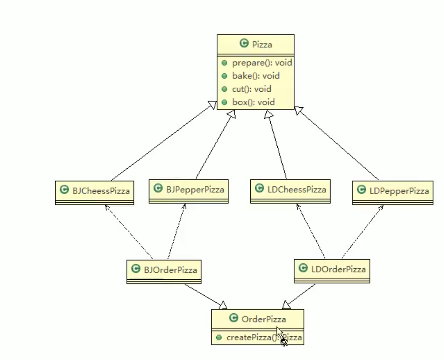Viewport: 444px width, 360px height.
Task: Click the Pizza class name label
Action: [262, 44]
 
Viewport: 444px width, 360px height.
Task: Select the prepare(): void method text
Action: [262, 63]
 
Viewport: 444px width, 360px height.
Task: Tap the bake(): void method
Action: [256, 76]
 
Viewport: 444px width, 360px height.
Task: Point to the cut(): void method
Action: [251, 89]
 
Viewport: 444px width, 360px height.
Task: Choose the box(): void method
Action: [253, 102]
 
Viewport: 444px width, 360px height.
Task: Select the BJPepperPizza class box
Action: [188, 191]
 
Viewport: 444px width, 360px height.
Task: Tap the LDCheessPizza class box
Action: [290, 191]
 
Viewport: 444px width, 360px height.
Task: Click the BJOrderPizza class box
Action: [164, 271]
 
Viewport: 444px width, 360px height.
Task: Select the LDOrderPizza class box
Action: [332, 270]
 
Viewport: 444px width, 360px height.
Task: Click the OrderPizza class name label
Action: [263, 319]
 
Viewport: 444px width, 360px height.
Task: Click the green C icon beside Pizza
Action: [244, 44]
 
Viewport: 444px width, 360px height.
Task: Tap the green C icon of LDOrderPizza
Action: [303, 268]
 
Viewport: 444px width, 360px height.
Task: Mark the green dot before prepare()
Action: [224, 63]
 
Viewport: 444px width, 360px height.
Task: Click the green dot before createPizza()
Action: [218, 337]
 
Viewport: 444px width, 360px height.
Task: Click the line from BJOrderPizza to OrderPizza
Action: [204, 295]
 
